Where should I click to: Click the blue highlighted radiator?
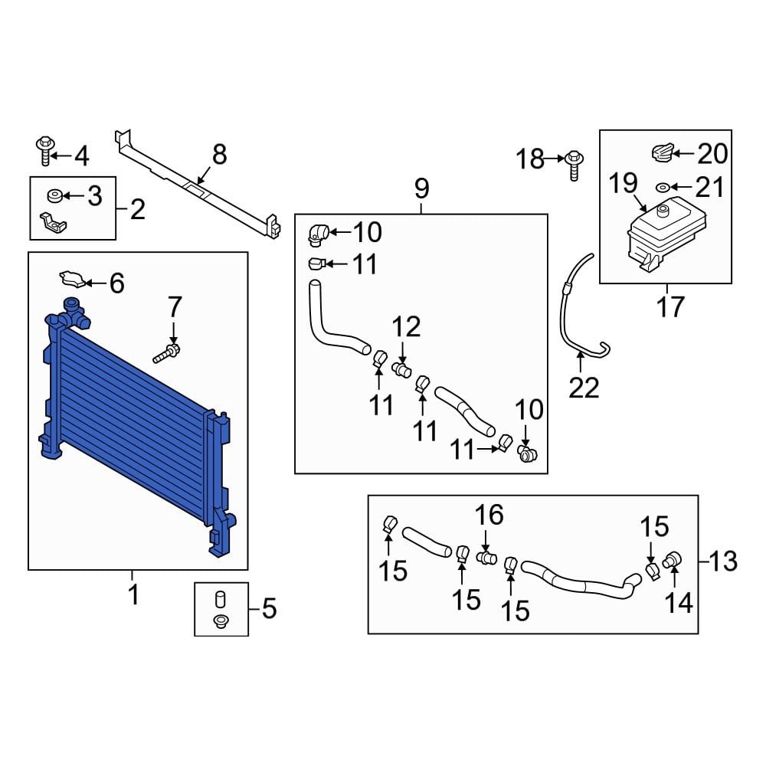coord(137,425)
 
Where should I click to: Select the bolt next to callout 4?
coord(45,151)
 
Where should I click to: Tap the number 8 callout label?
coord(219,155)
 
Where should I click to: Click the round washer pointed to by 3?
coord(54,196)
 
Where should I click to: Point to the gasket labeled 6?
coord(72,279)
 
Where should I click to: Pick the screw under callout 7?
coord(166,354)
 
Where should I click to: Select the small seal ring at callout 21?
coord(663,187)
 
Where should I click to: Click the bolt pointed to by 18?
coord(574,165)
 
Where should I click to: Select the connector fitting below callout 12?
coord(402,370)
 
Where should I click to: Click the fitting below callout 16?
coord(486,557)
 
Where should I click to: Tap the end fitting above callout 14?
coord(673,560)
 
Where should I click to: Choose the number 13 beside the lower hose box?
coord(723,561)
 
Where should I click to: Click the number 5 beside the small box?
coord(269,609)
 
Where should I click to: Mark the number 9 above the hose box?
coord(421,188)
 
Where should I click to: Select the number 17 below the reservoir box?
coord(670,307)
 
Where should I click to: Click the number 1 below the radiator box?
coord(133,594)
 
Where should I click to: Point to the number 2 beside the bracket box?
coord(137,209)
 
